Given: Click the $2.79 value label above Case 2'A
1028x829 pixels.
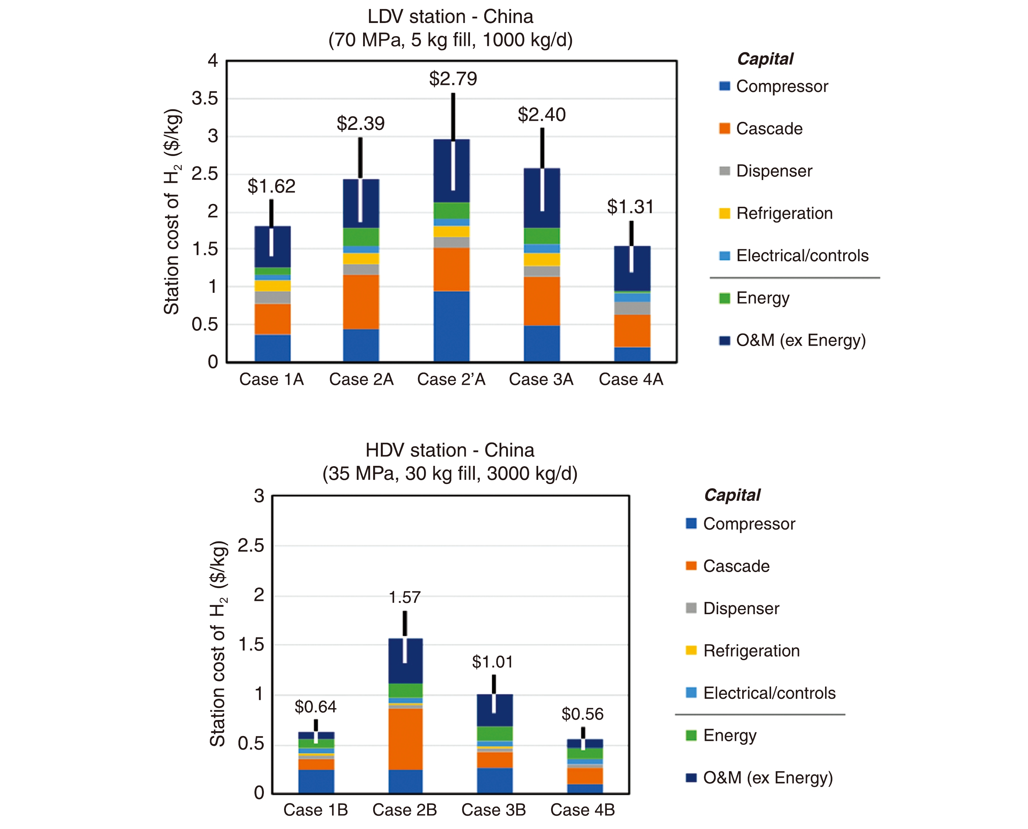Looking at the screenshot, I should click(x=453, y=79).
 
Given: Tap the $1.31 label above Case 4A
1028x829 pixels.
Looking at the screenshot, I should click(x=630, y=207).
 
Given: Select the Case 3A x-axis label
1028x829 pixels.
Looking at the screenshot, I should click(x=541, y=379).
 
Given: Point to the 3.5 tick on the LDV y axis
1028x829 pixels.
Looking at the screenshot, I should click(x=204, y=99).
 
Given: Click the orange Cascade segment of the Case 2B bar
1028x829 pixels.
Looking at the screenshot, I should click(x=405, y=739).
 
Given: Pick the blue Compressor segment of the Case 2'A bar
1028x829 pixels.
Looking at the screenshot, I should click(x=451, y=326).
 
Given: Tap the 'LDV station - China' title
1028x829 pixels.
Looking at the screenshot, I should click(x=450, y=17).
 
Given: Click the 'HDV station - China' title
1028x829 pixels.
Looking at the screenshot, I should click(x=450, y=450).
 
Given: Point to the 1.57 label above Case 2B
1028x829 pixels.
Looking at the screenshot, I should click(x=405, y=597).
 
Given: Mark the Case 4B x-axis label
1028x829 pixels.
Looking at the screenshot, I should click(x=582, y=810).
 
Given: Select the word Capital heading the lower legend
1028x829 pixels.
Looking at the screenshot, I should click(x=732, y=495).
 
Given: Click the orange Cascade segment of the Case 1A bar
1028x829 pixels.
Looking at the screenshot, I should click(x=273, y=319).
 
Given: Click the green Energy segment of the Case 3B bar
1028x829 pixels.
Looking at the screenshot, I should click(x=495, y=734).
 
